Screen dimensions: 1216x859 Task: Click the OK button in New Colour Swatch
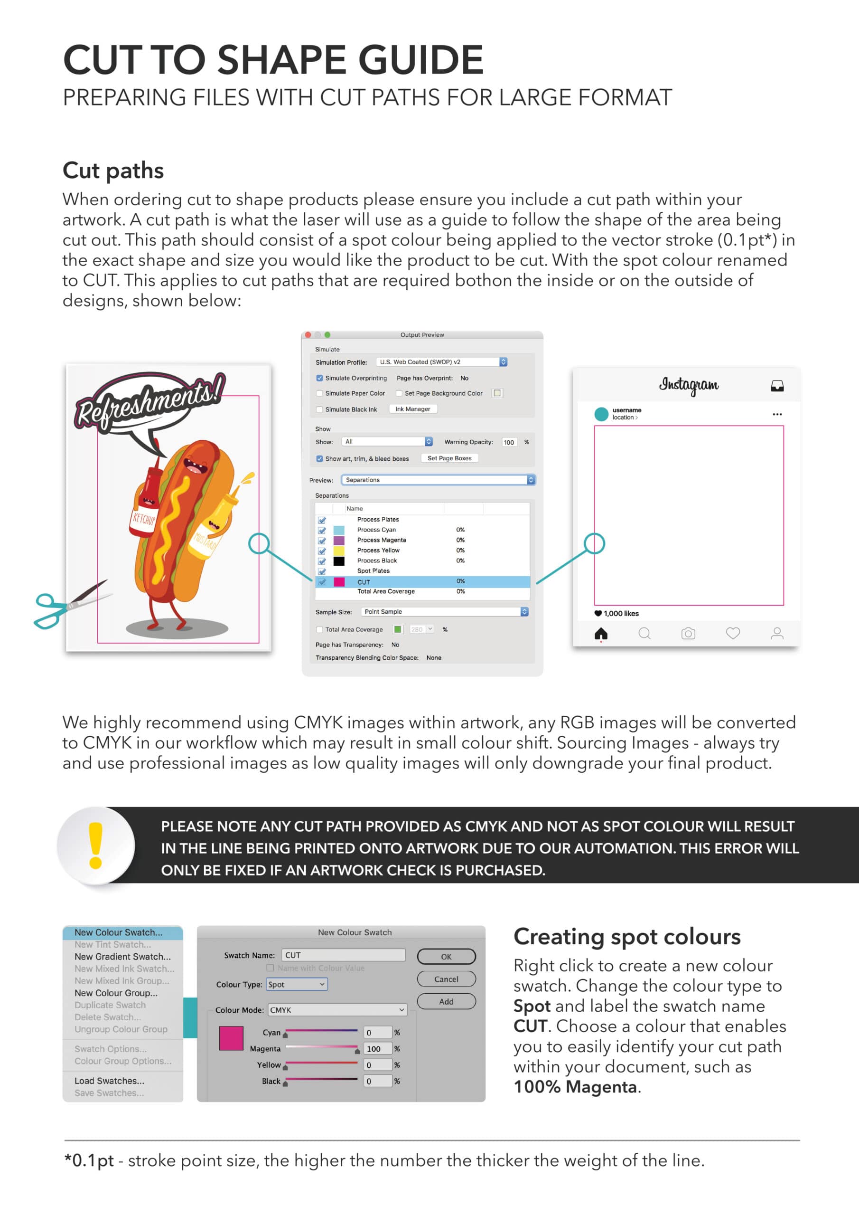click(446, 957)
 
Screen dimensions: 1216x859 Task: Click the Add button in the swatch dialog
click(446, 1001)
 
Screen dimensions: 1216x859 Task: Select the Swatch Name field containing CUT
click(343, 955)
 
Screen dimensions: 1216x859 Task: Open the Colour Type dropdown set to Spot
click(297, 984)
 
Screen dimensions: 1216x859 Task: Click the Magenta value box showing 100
click(377, 1049)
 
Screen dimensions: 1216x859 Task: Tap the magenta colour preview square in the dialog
click(231, 1038)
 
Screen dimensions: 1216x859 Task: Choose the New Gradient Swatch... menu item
click(122, 957)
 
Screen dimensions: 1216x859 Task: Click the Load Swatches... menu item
click(109, 1081)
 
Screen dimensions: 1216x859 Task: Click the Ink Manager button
click(412, 409)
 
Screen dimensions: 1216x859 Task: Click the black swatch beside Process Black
click(339, 561)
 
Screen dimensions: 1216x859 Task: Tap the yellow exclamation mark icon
click(96, 846)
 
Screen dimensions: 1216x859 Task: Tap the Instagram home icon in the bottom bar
click(601, 634)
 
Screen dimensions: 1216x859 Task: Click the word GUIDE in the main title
click(421, 59)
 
